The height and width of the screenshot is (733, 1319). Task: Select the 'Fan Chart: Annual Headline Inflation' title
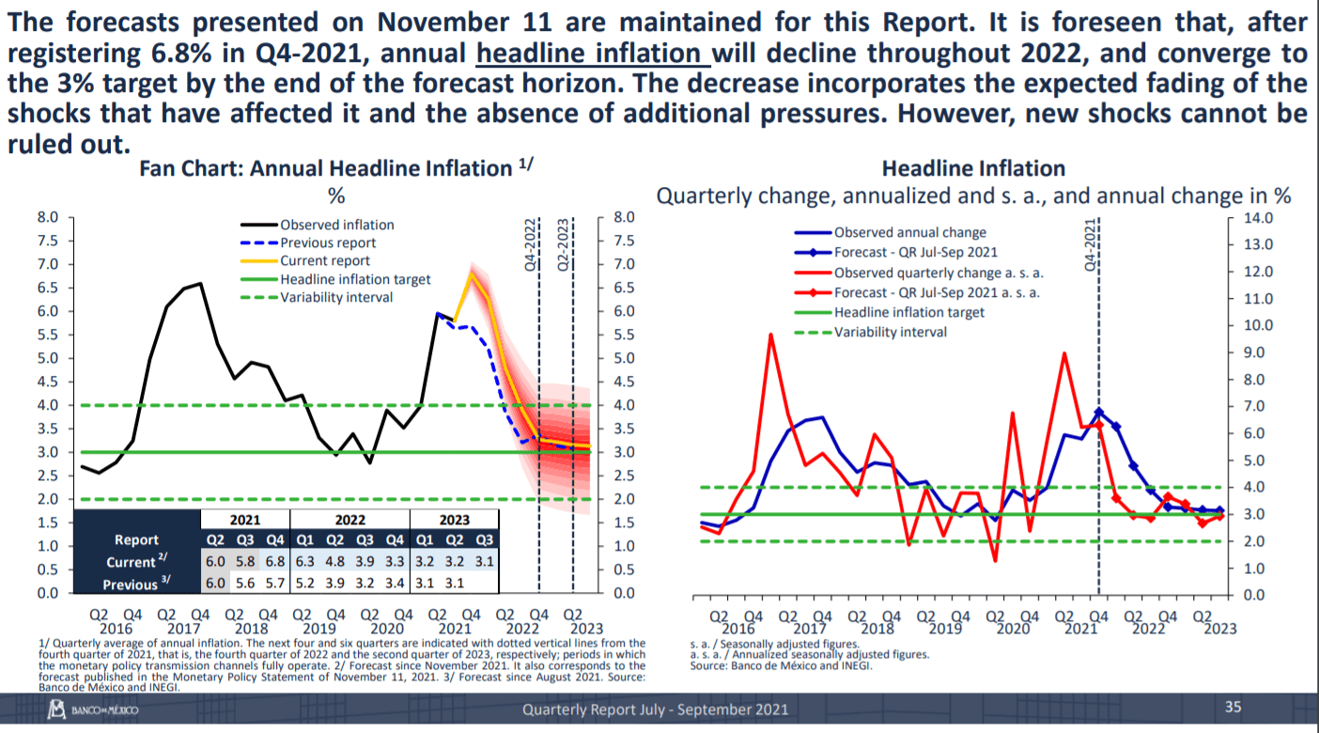click(x=335, y=169)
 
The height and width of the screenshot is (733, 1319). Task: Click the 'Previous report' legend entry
click(x=328, y=242)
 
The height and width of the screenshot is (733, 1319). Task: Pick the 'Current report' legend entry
click(x=325, y=260)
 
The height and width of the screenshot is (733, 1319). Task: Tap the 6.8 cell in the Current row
click(x=274, y=562)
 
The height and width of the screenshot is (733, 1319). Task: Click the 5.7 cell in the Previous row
click(x=274, y=585)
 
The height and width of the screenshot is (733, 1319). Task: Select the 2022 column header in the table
click(x=349, y=519)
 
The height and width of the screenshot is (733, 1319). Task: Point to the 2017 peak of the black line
click(x=200, y=283)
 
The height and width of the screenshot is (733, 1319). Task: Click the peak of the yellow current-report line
click(x=472, y=273)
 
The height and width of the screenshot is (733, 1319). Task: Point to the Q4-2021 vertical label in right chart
click(x=1091, y=245)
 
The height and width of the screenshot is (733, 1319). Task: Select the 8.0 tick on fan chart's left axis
click(x=48, y=217)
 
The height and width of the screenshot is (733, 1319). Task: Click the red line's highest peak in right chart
click(x=770, y=335)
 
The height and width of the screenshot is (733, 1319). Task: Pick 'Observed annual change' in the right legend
click(x=909, y=232)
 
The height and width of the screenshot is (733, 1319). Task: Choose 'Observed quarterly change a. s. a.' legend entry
click(x=939, y=273)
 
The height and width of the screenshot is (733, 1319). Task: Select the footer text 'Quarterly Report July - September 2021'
click(x=655, y=710)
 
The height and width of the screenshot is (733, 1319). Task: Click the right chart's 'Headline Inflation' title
click(x=973, y=169)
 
